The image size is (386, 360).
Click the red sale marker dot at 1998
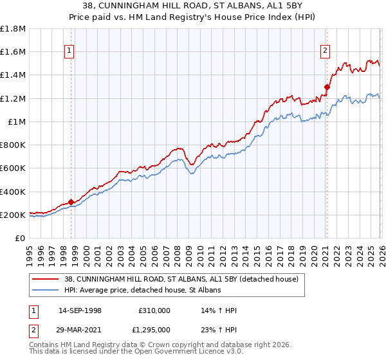[71, 202]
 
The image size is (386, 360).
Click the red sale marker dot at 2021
[327, 87]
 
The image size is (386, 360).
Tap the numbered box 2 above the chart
[326, 50]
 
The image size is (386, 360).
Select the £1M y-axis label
[17, 122]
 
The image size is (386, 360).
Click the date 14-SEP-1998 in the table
[80, 310]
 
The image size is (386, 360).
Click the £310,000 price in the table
[154, 310]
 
